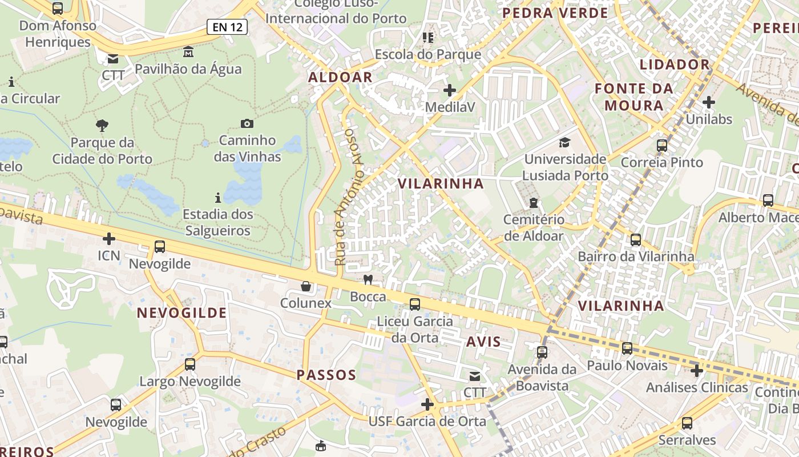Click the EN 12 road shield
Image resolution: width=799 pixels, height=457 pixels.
(x=227, y=26)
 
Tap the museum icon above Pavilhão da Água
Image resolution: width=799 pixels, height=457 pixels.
(x=188, y=52)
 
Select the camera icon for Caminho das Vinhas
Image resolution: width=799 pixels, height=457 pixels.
(x=247, y=123)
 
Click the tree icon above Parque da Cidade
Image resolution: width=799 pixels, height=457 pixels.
(x=102, y=125)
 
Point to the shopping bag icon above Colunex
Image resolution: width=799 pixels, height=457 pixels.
(x=306, y=286)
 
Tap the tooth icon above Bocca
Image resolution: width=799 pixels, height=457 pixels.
(x=368, y=279)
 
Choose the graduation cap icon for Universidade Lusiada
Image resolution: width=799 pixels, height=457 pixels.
(x=565, y=142)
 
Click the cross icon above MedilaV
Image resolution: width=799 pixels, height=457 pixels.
(x=450, y=90)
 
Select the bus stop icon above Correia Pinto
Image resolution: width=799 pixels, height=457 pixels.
(x=662, y=145)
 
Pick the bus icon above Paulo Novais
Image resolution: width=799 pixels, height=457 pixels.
(x=627, y=348)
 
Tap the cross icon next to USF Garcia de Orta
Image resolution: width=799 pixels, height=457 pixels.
(x=427, y=404)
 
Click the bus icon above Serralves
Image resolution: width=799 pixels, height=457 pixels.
(x=687, y=423)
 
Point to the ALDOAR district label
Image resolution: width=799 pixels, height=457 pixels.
(x=340, y=77)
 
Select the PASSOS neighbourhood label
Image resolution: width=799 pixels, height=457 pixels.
(x=326, y=375)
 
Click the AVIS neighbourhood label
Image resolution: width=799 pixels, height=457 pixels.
(x=483, y=342)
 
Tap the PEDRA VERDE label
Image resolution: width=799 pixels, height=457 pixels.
(x=555, y=13)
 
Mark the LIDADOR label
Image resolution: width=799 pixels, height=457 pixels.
(x=674, y=64)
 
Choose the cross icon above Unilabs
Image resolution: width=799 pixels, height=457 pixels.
(x=709, y=102)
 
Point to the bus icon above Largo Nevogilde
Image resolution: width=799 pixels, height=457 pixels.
(x=190, y=364)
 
